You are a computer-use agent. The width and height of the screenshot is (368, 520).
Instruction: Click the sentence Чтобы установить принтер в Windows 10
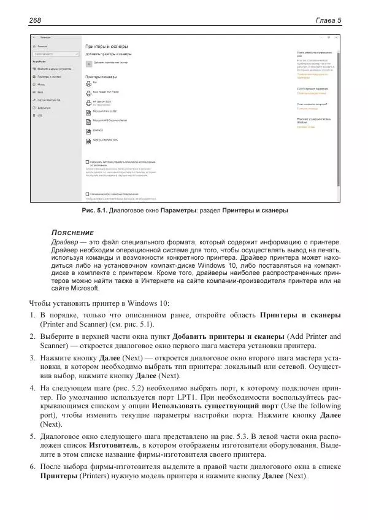point(99,303)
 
